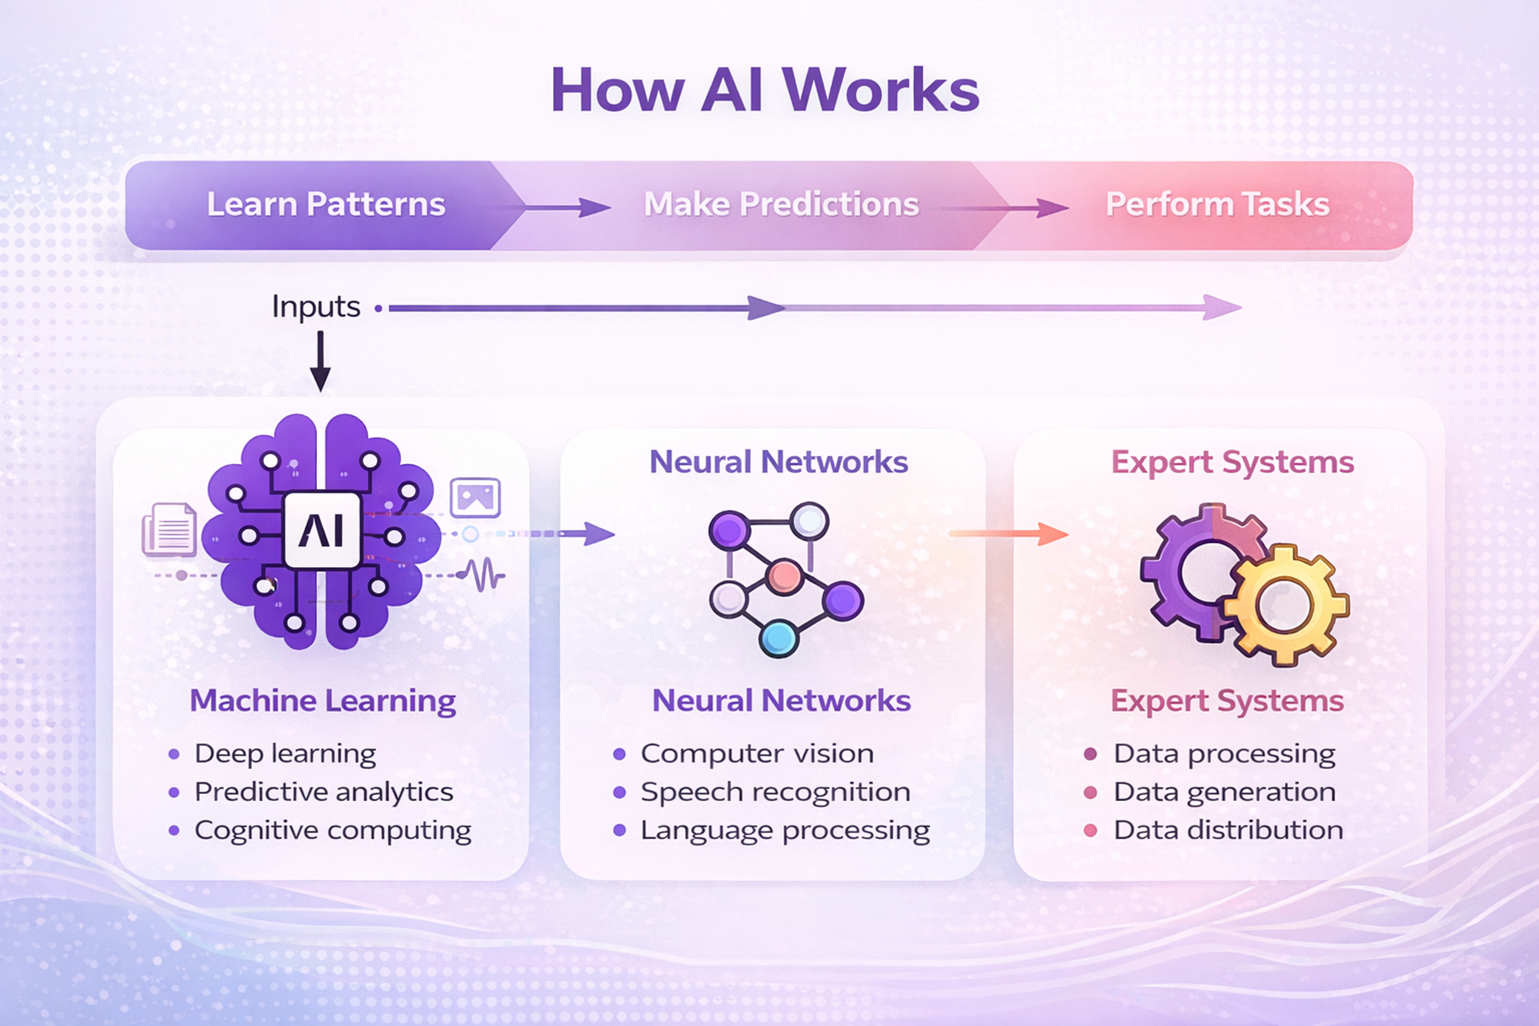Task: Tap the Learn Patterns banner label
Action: tap(326, 204)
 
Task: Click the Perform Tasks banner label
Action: tap(1217, 204)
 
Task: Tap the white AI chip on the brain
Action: tap(322, 530)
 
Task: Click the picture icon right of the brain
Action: tap(475, 497)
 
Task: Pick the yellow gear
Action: tap(1285, 605)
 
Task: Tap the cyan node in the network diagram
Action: tap(779, 638)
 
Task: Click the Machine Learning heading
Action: tap(323, 701)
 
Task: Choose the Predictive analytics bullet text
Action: tap(323, 792)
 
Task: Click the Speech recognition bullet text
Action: tap(776, 792)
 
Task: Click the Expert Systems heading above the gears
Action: tap(1232, 463)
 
